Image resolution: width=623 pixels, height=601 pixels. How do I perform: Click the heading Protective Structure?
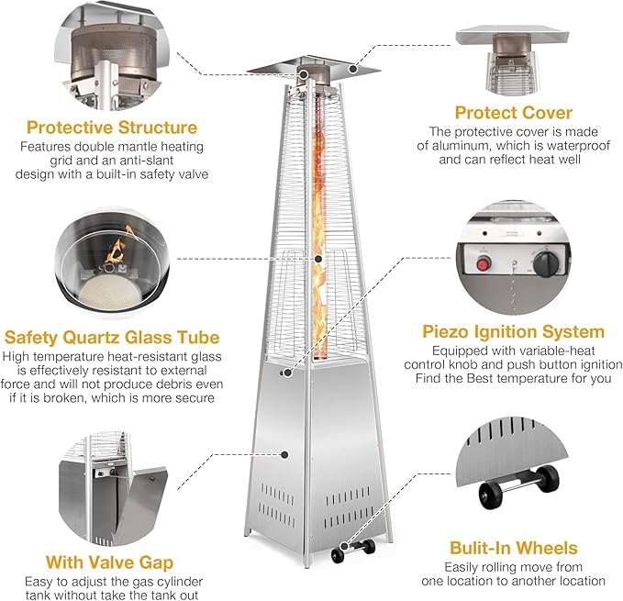click(x=112, y=127)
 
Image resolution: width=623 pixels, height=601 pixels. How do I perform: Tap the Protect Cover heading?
click(x=514, y=114)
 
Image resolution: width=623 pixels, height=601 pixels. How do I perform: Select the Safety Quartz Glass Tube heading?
click(x=112, y=337)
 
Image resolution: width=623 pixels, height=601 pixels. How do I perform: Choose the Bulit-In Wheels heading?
click(x=514, y=548)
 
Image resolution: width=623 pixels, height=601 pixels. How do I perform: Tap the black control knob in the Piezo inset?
click(x=547, y=265)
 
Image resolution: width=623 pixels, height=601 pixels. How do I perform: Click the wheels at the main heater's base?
click(x=354, y=551)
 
